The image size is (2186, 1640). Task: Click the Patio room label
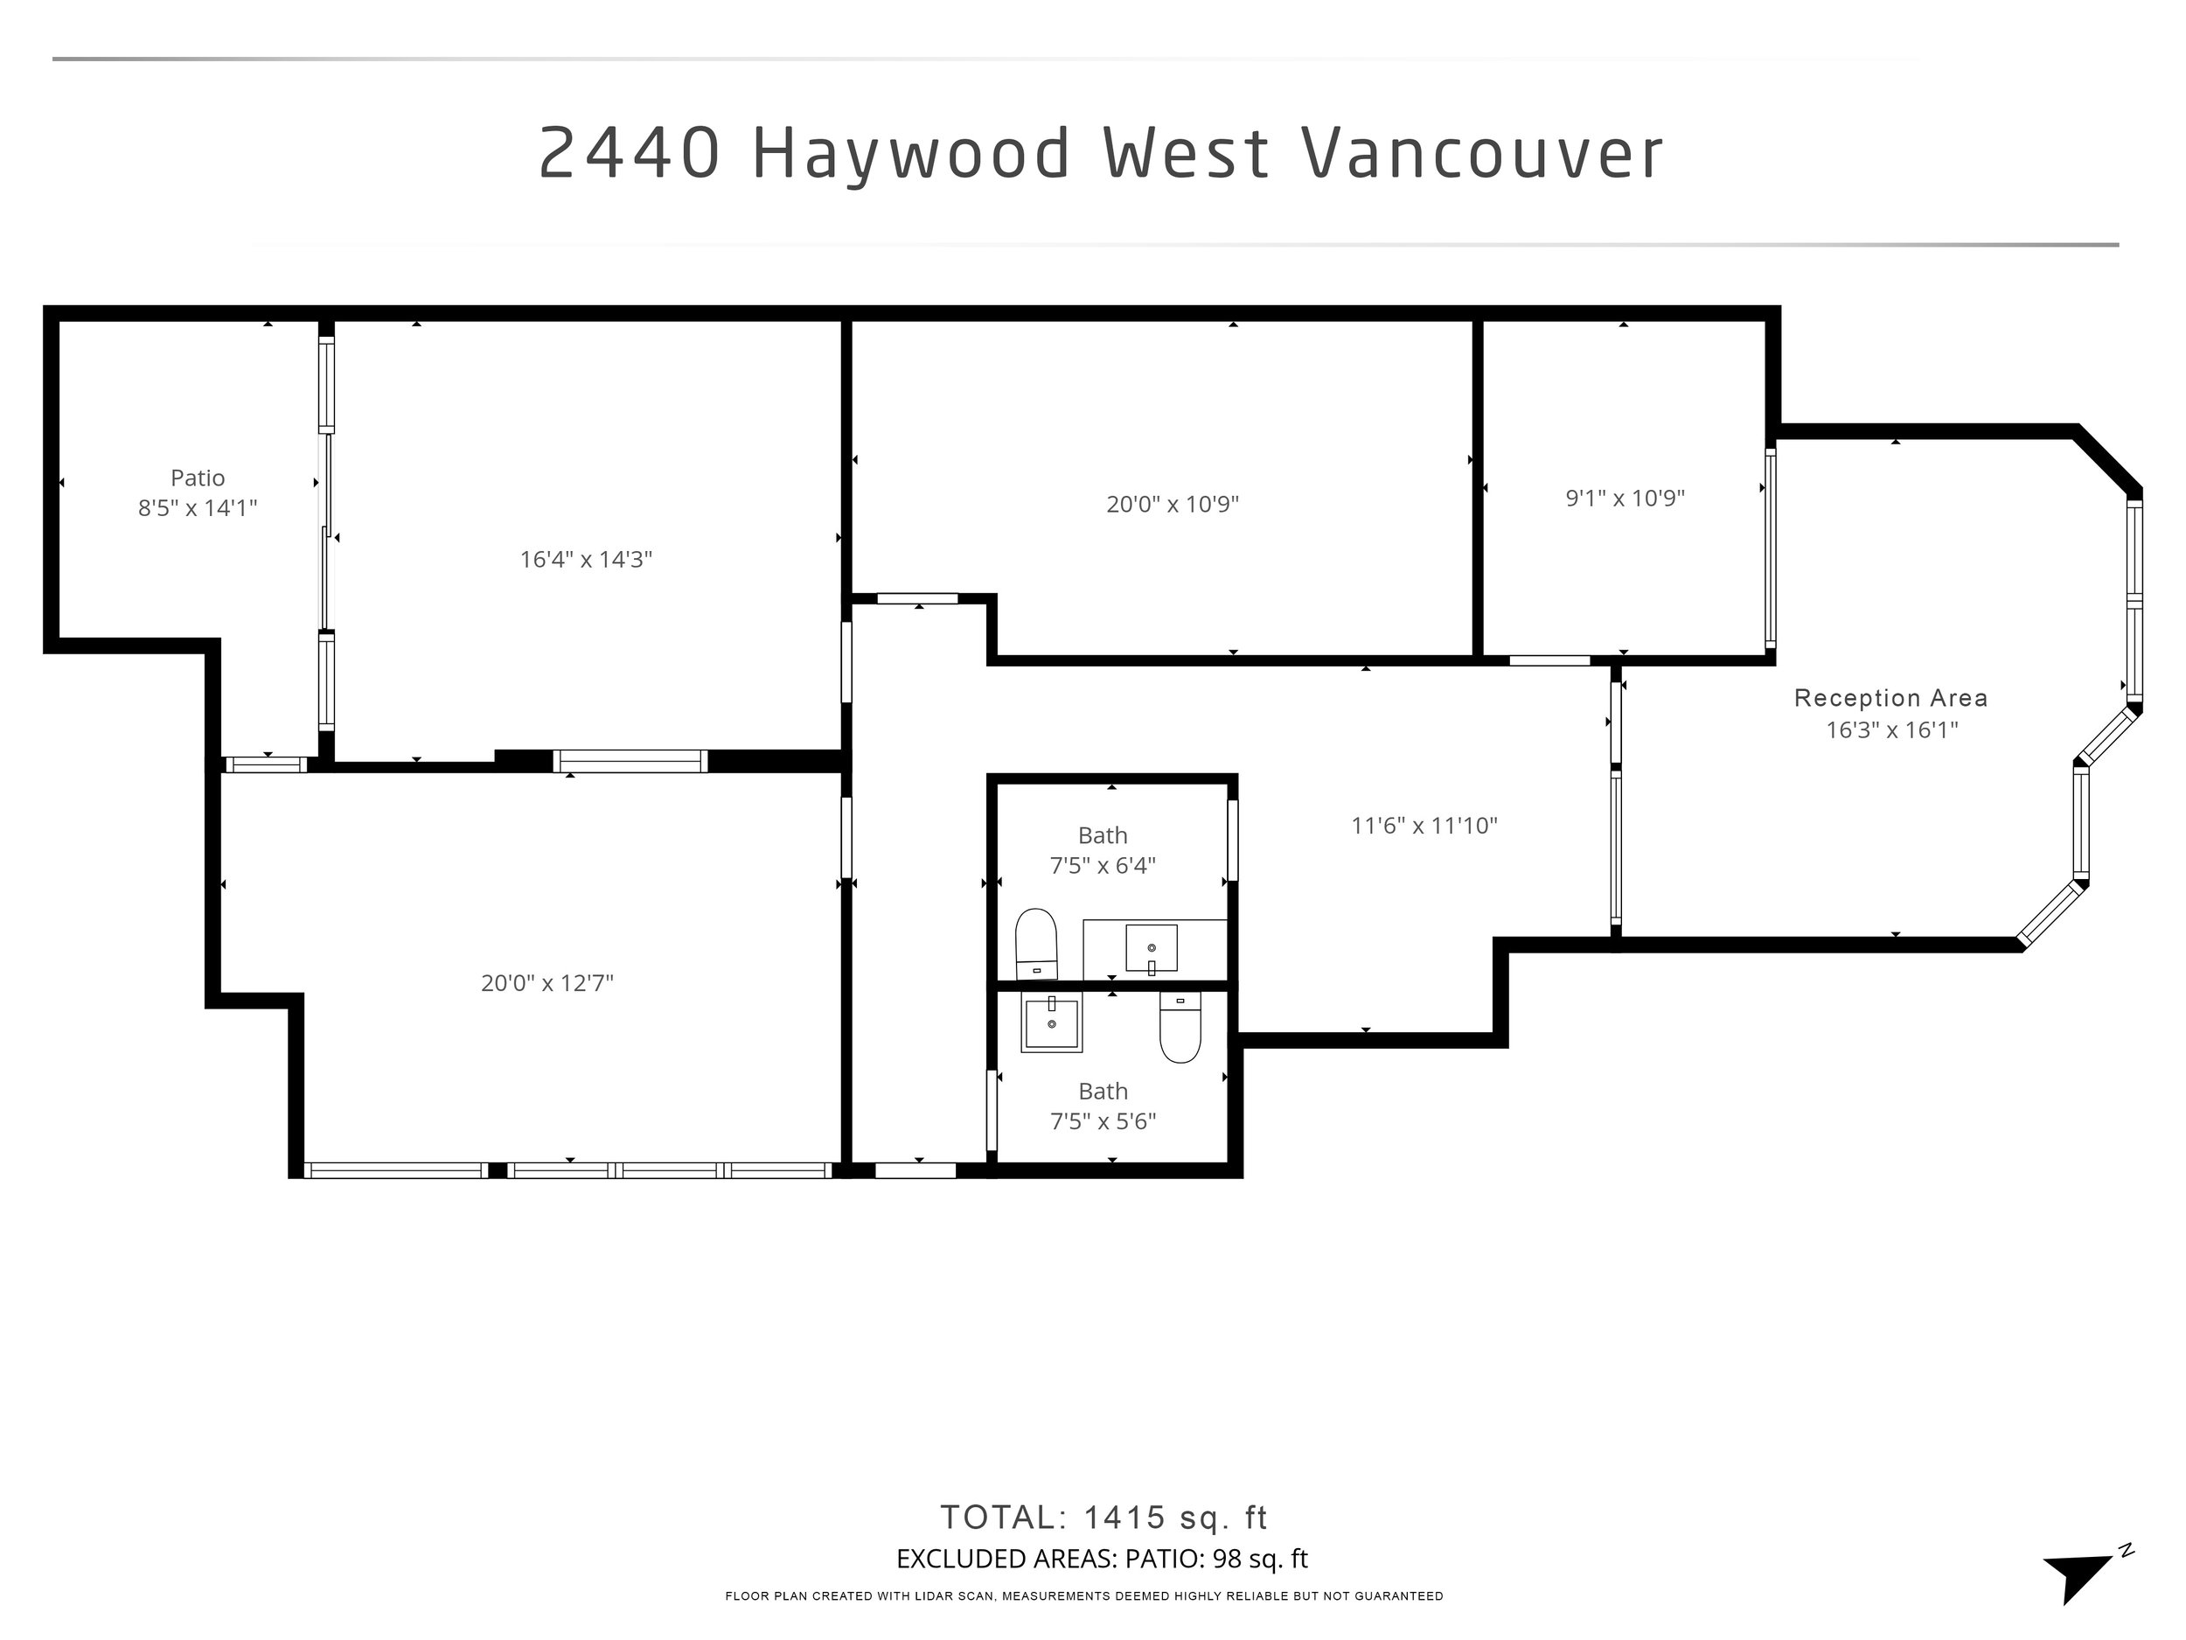(x=198, y=478)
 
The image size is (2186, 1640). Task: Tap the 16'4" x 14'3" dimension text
(x=586, y=560)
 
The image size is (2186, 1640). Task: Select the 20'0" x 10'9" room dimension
(x=1172, y=504)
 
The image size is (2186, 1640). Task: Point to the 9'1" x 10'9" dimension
(x=1625, y=499)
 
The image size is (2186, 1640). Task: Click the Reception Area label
(x=1890, y=698)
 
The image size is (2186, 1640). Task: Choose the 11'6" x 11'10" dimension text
(x=1424, y=826)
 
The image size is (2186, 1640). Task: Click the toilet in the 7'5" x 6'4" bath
(x=1035, y=944)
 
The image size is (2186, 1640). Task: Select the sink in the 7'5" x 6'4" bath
(x=1152, y=948)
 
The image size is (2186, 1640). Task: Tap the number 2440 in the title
(x=630, y=154)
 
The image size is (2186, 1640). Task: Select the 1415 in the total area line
(x=1124, y=1517)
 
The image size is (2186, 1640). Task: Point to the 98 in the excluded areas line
(x=1227, y=1559)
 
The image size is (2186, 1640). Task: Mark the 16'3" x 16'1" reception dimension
(x=1891, y=730)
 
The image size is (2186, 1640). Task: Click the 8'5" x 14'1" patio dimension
(x=198, y=508)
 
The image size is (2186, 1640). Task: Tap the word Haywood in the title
(x=911, y=154)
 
